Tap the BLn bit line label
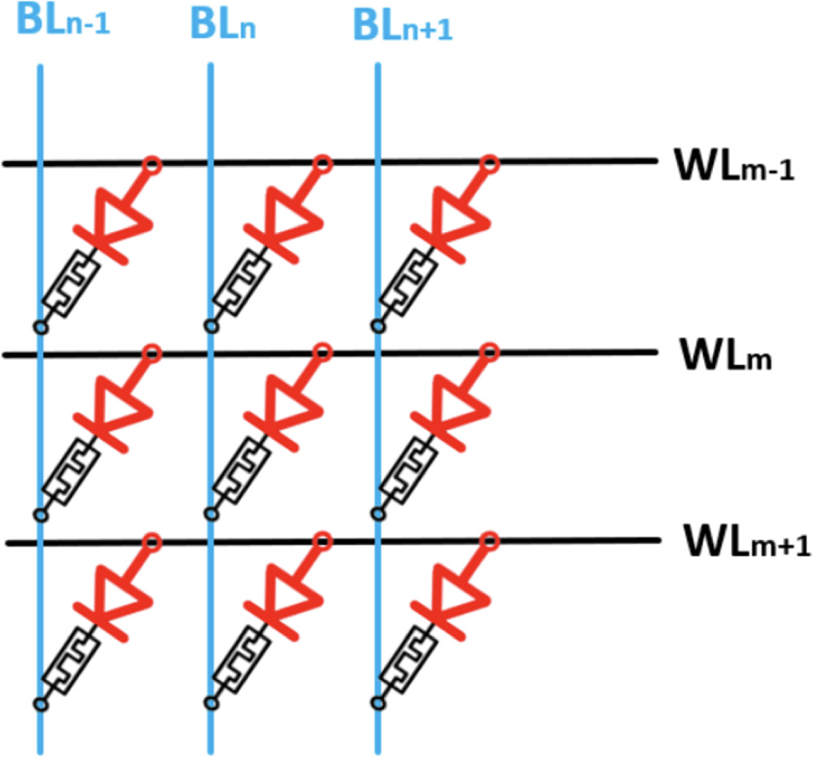click(x=223, y=24)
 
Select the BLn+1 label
click(x=403, y=26)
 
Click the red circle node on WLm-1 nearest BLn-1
click(x=151, y=165)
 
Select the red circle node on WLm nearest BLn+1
click(x=489, y=353)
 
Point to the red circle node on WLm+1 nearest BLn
click(x=322, y=539)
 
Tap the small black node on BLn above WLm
click(x=210, y=327)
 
